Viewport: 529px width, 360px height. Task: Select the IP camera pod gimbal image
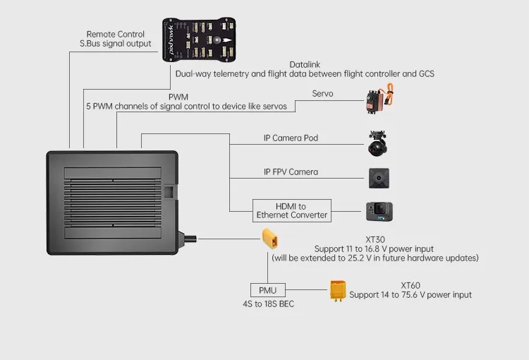[377, 143]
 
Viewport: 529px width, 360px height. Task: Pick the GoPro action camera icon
[379, 211]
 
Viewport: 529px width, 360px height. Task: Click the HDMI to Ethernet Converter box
[292, 210]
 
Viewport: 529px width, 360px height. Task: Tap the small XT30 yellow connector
[271, 239]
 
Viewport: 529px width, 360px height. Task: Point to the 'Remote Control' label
[116, 34]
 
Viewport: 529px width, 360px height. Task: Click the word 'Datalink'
[305, 64]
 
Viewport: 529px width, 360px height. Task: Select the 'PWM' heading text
[178, 97]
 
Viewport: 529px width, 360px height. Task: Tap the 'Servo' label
[322, 94]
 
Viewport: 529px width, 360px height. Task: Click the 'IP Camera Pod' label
[291, 138]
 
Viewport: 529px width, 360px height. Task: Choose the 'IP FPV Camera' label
[291, 172]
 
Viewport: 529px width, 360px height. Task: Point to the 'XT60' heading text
[411, 285]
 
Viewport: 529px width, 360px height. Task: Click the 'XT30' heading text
[375, 240]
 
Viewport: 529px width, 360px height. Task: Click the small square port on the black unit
[169, 191]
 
